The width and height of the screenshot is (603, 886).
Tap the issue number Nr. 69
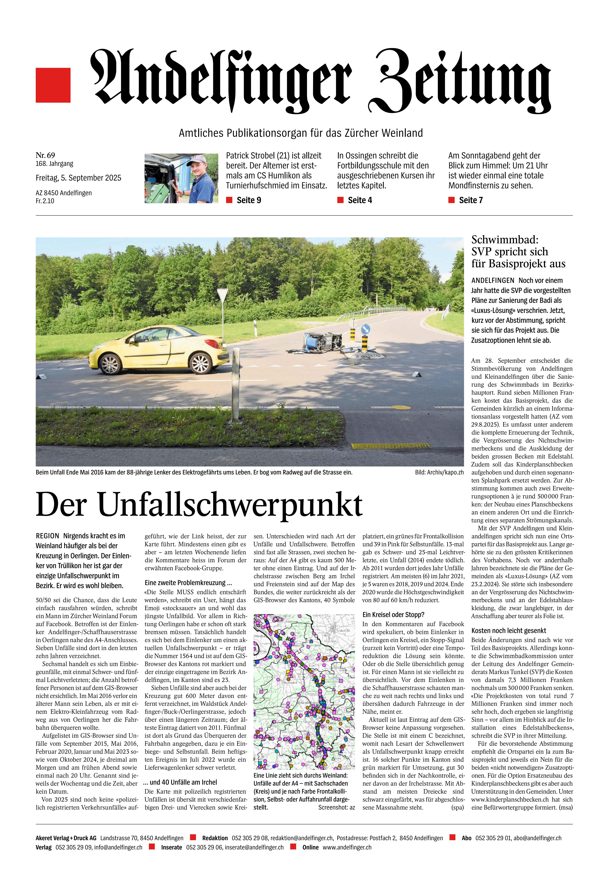pos(45,155)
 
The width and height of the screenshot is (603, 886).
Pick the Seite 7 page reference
pos(470,200)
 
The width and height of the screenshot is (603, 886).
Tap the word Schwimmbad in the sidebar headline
pos(504,240)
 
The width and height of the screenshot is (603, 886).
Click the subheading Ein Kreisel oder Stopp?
pos(393,615)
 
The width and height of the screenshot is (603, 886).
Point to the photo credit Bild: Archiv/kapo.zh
pos(439,472)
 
